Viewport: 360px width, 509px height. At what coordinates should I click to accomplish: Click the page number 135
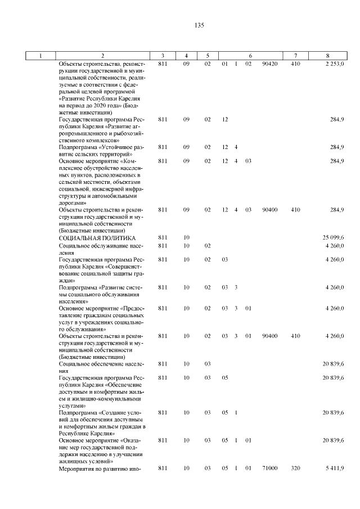(x=199, y=26)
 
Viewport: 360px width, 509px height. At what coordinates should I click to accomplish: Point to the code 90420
(x=270, y=64)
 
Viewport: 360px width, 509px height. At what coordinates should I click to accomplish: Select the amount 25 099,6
(x=333, y=238)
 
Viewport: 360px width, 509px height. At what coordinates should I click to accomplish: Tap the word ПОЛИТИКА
(x=116, y=238)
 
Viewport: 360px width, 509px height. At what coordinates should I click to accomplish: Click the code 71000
(x=270, y=468)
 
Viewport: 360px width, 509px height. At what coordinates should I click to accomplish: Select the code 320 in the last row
(x=295, y=468)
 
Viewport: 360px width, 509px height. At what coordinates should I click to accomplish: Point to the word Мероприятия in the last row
(x=78, y=468)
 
